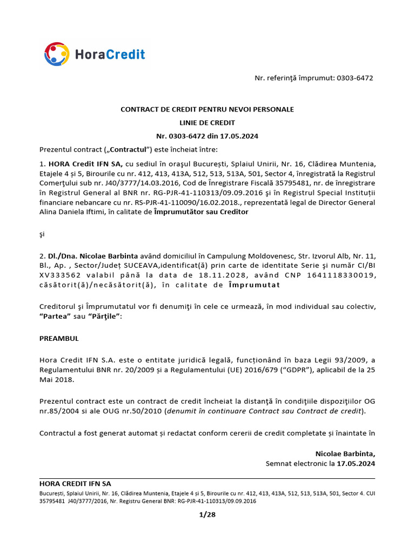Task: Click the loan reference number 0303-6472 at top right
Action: (x=354, y=78)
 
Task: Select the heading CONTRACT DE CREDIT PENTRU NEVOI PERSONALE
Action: (x=207, y=109)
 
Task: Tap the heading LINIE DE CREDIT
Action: (x=207, y=123)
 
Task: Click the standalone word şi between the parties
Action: (x=43, y=234)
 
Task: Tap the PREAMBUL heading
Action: (x=59, y=338)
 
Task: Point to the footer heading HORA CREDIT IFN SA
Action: (x=75, y=484)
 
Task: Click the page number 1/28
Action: (x=207, y=515)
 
